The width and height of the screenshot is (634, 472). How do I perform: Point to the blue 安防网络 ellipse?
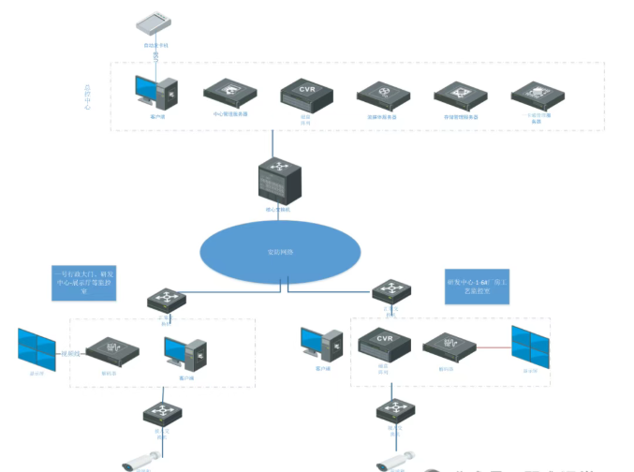pyautogui.click(x=280, y=252)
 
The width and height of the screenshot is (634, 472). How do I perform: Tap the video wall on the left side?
pyautogui.click(x=37, y=347)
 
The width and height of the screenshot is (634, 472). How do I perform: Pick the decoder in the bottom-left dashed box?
pyautogui.click(x=112, y=350)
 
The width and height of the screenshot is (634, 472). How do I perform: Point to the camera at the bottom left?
pyautogui.click(x=145, y=460)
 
